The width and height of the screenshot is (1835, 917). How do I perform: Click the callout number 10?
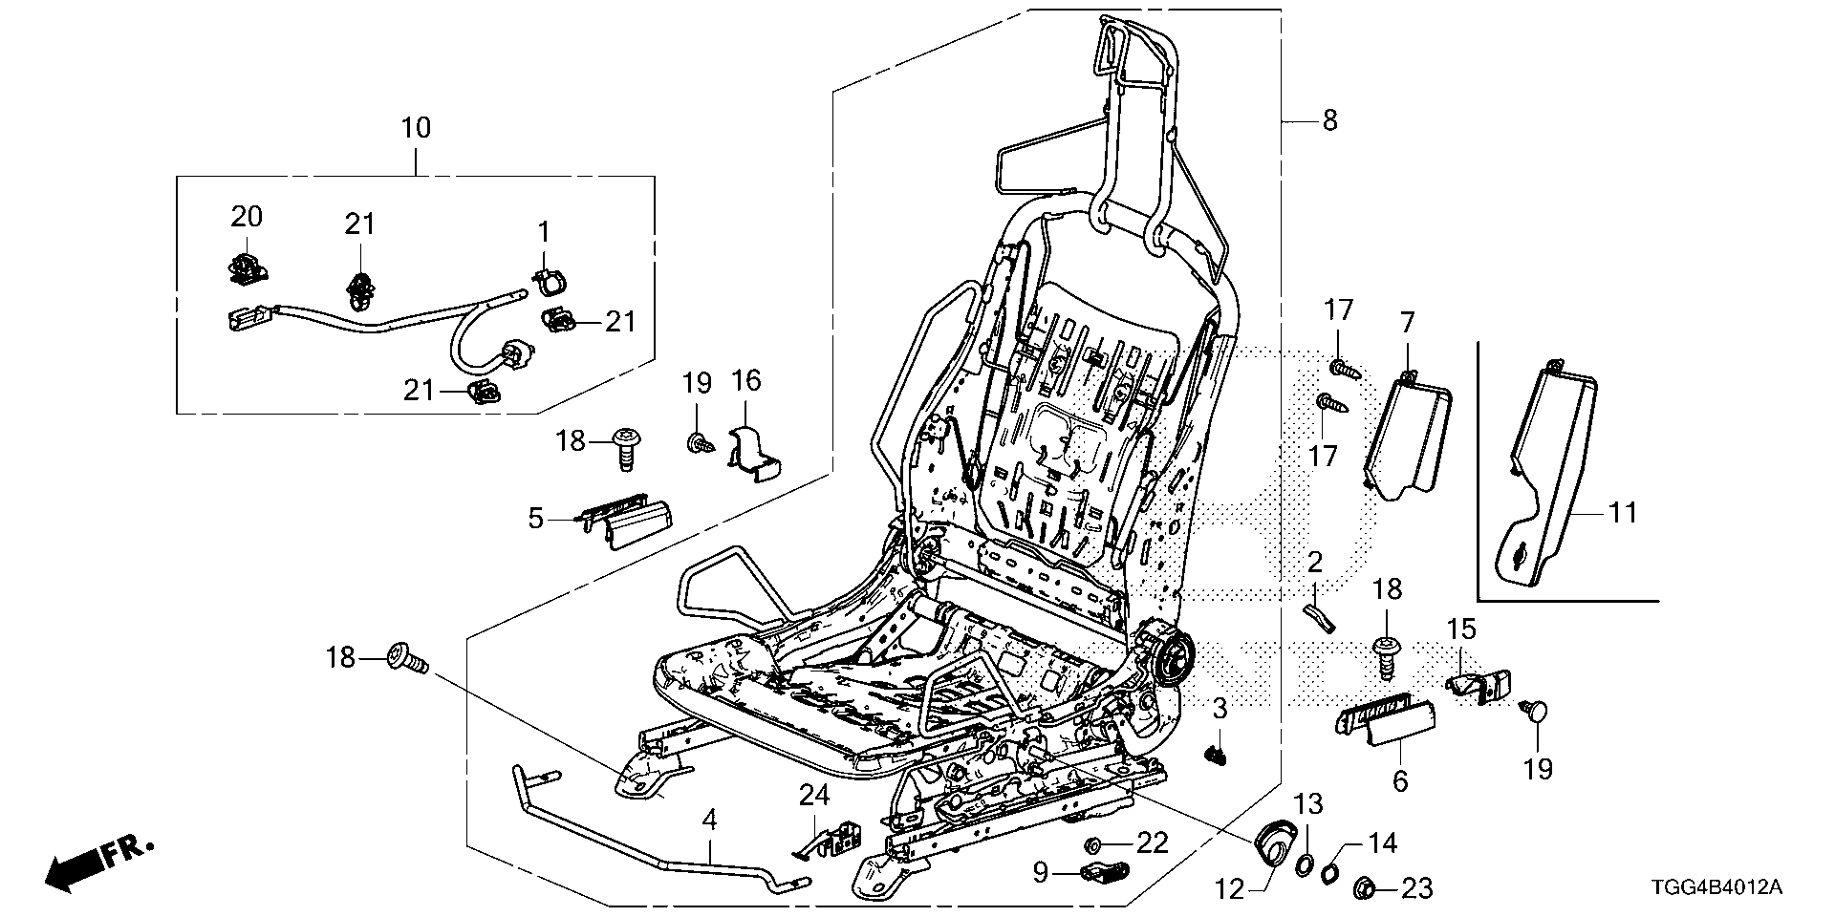tap(416, 128)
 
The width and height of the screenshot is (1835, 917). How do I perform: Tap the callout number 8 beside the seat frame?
tap(1329, 121)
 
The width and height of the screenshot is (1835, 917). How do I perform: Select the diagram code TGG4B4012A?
tap(1730, 888)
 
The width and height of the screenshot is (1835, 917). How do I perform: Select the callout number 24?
tap(814, 796)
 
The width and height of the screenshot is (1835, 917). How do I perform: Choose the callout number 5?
tap(536, 519)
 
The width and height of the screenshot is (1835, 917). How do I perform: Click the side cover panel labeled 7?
tap(1410, 435)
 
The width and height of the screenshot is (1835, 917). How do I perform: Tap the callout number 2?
tap(1314, 562)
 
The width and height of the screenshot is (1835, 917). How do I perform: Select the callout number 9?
tap(1041, 871)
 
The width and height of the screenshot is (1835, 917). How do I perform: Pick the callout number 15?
tap(1461, 630)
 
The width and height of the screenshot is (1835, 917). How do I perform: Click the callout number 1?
tap(544, 232)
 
